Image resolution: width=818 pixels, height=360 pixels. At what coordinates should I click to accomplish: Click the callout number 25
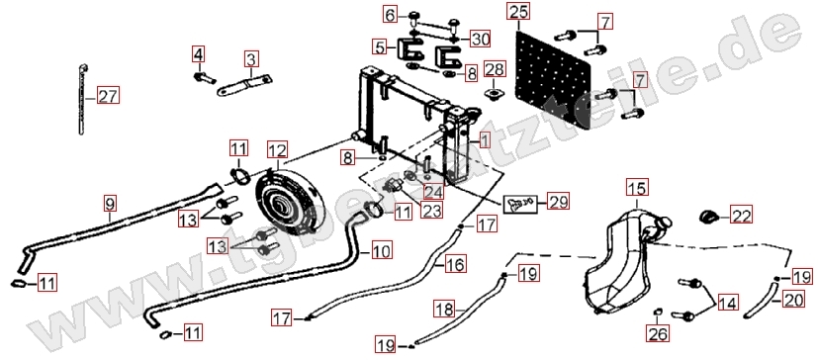point(518,11)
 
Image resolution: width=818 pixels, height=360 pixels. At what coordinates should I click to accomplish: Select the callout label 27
point(109,97)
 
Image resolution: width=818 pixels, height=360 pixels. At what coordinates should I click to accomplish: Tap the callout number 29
point(558,201)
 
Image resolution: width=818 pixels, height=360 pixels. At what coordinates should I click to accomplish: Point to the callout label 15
point(638,188)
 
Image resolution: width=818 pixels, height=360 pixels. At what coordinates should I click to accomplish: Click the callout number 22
point(742,215)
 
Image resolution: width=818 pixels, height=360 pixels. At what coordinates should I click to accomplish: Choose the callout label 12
point(278,150)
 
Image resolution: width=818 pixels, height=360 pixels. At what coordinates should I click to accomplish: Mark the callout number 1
point(485,139)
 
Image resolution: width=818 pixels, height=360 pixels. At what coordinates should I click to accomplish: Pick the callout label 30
point(480,39)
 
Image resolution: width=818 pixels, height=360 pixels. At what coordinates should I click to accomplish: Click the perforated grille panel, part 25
point(554,79)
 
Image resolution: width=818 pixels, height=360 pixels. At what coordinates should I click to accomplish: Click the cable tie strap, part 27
point(82,99)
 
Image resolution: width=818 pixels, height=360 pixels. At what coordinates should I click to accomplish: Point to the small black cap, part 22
point(709,215)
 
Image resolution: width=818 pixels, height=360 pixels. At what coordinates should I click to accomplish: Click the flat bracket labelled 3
point(245,86)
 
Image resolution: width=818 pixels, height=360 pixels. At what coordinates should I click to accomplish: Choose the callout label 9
point(109,203)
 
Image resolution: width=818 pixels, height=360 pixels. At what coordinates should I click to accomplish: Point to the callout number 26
point(658,333)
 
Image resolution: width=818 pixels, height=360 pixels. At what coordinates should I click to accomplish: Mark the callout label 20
point(793,300)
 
